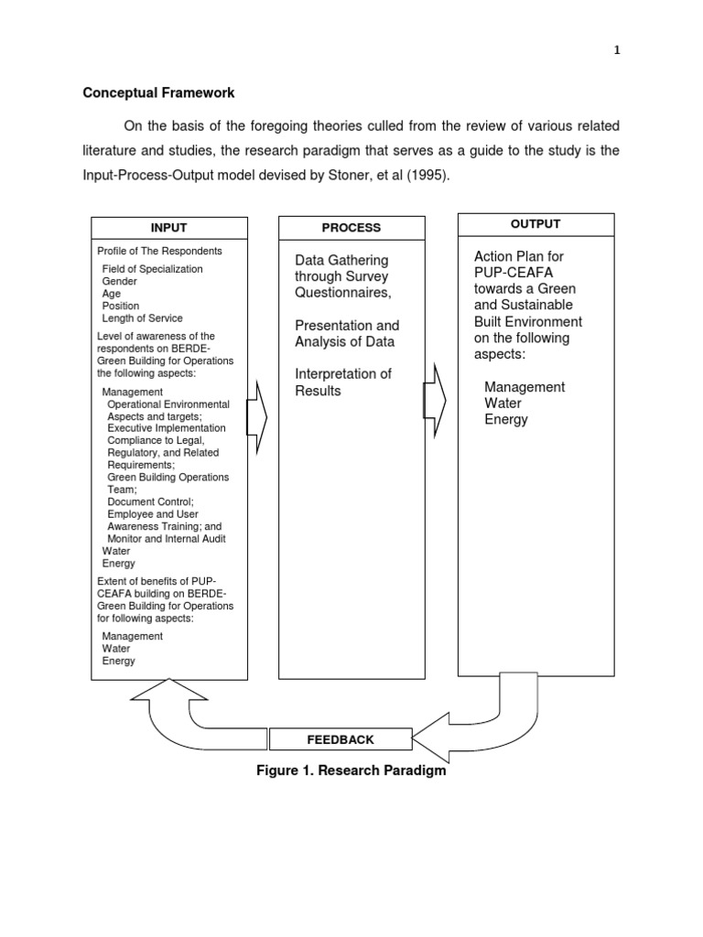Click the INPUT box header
click(169, 228)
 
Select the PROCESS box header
click(351, 228)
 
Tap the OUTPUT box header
click(535, 224)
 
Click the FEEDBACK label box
click(340, 739)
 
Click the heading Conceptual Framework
click(158, 93)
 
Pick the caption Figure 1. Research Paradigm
click(351, 770)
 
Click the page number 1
click(617, 51)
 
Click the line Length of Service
click(142, 318)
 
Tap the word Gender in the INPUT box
click(120, 282)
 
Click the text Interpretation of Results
click(342, 382)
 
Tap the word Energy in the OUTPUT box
click(506, 420)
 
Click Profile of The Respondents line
click(159, 251)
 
